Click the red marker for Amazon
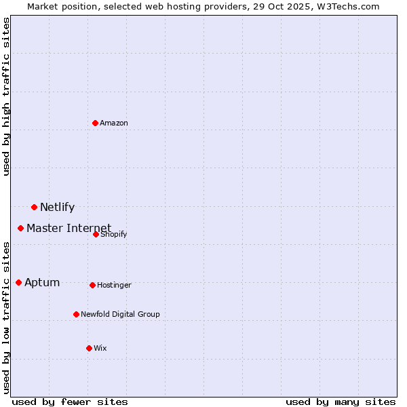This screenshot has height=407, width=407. (x=95, y=123)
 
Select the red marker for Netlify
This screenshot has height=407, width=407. (x=34, y=207)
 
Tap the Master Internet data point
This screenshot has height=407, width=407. (x=20, y=228)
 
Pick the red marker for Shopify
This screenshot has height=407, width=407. (x=96, y=234)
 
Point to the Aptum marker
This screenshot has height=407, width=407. (x=18, y=282)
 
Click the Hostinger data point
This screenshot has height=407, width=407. (x=92, y=285)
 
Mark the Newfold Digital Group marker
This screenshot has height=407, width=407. (x=76, y=314)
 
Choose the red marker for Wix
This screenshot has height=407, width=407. (x=89, y=348)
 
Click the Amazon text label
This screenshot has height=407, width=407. (x=114, y=123)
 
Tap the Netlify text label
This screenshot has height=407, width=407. (x=57, y=208)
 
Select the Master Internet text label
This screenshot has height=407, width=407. (x=69, y=228)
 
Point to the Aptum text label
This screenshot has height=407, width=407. (x=42, y=283)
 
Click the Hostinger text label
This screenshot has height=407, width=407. (x=114, y=286)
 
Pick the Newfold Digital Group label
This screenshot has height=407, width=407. (x=120, y=315)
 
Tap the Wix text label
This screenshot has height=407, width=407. (x=100, y=349)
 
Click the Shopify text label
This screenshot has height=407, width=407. (x=114, y=235)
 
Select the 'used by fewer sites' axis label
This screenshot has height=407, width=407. (x=70, y=402)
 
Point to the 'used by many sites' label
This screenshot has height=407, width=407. (x=341, y=402)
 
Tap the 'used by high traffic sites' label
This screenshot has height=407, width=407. (x=6, y=96)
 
